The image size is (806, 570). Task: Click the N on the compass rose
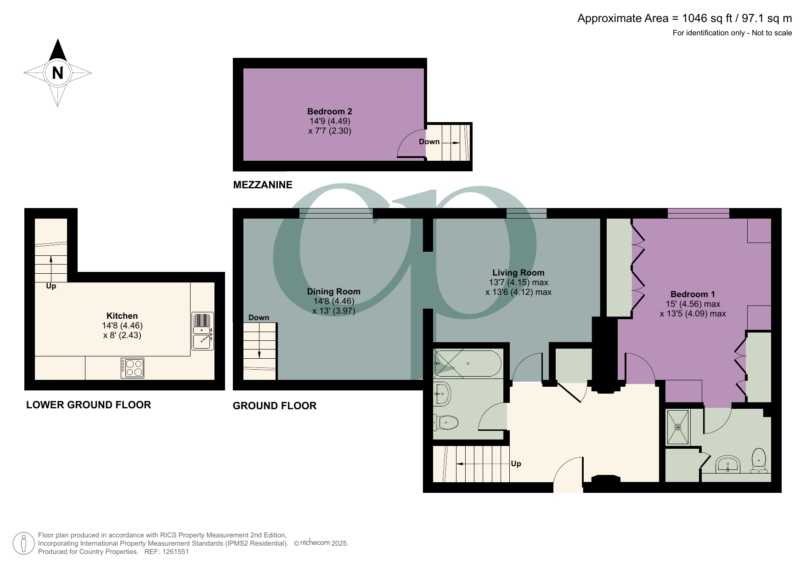[x=57, y=73]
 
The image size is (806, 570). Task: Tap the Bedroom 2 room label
[x=329, y=111]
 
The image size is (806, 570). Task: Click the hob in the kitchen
[x=133, y=368]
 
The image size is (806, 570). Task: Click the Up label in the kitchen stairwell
[x=51, y=286]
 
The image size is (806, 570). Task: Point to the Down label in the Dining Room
[x=259, y=317]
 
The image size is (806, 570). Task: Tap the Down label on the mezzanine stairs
[x=429, y=141]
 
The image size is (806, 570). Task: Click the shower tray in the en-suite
[x=678, y=427]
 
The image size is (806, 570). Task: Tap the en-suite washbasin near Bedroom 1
[x=728, y=465]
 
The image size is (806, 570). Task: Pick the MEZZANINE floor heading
[x=263, y=185]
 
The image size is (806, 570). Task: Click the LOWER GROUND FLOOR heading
[x=88, y=405]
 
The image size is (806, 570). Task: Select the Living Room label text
[x=518, y=272]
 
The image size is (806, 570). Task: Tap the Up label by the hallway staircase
[x=516, y=463]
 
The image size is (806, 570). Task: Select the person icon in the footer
[x=23, y=543]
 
